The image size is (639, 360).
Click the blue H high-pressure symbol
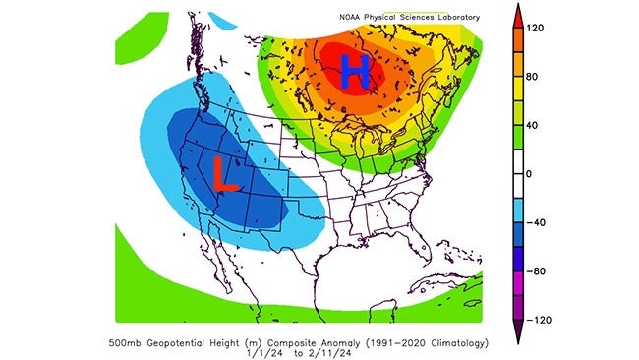355,72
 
